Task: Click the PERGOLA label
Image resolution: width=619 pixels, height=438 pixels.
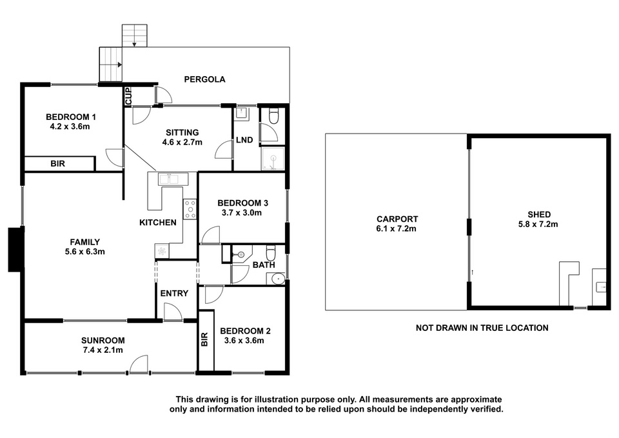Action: [204, 79]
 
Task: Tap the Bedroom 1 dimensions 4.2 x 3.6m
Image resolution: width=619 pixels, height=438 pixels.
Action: [71, 127]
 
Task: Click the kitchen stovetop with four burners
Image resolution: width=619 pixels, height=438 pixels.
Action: [190, 208]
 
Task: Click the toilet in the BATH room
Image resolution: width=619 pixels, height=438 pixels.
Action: [270, 252]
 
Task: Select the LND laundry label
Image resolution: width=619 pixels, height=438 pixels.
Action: [244, 140]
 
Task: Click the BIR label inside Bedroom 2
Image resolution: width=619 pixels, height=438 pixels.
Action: [204, 340]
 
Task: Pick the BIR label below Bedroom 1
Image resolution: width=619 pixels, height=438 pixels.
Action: [57, 163]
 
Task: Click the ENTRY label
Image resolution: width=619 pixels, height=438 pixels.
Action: [174, 294]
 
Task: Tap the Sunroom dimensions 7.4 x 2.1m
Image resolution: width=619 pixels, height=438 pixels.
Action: [103, 350]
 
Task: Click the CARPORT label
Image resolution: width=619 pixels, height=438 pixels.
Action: [397, 219]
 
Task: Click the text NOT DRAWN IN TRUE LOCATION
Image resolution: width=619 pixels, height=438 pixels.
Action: [482, 328]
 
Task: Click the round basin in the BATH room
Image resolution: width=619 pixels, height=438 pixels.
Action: [278, 279]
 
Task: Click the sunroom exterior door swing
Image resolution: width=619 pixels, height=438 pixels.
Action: [139, 364]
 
